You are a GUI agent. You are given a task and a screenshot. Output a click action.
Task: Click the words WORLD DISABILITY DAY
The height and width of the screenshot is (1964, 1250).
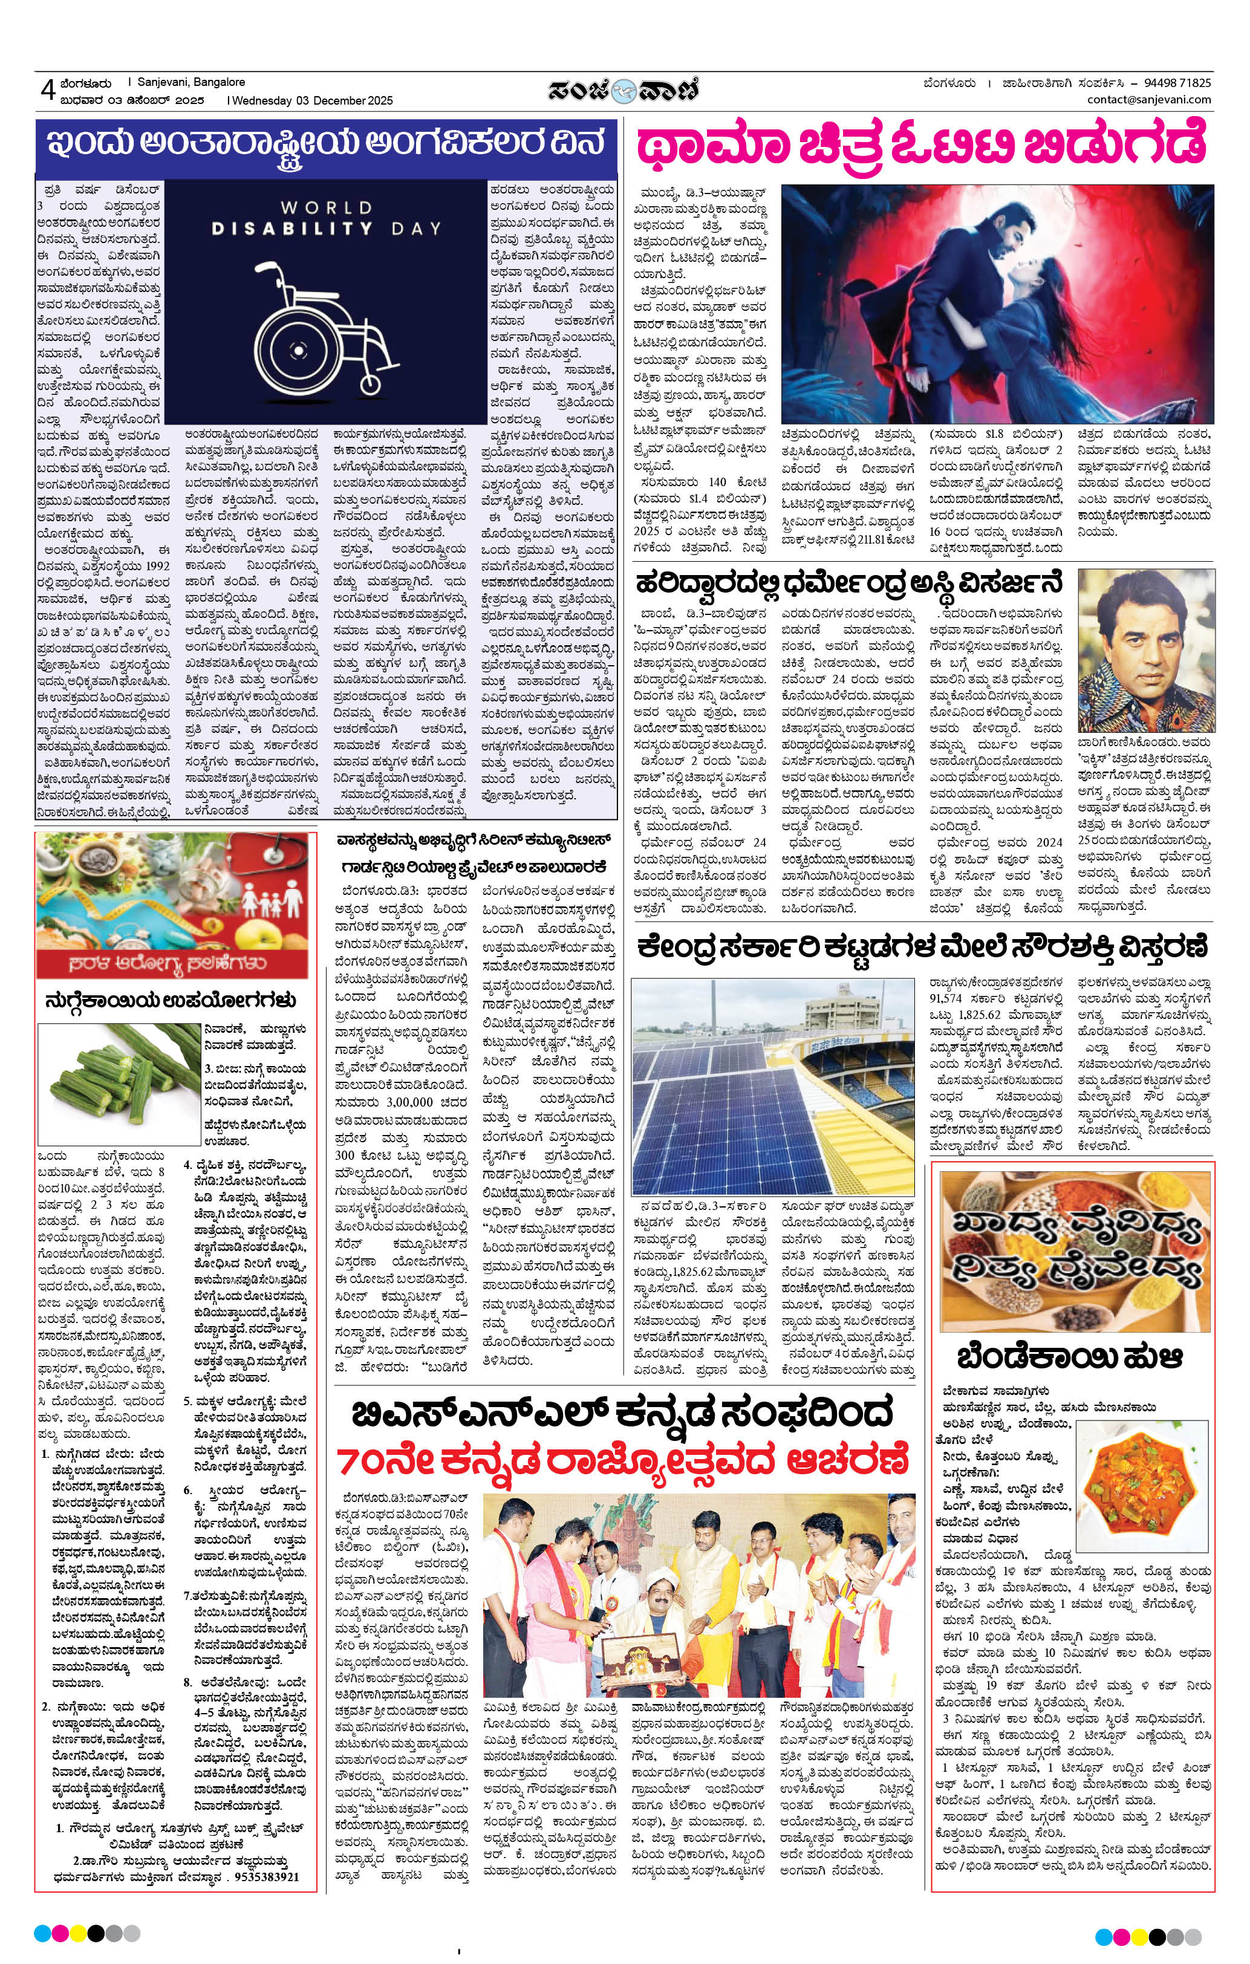coord(327,218)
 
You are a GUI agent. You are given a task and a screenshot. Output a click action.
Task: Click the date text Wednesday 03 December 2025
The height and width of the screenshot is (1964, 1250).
coord(311,101)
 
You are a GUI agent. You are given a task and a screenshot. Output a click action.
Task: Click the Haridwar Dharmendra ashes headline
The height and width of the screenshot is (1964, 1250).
coord(852,584)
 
